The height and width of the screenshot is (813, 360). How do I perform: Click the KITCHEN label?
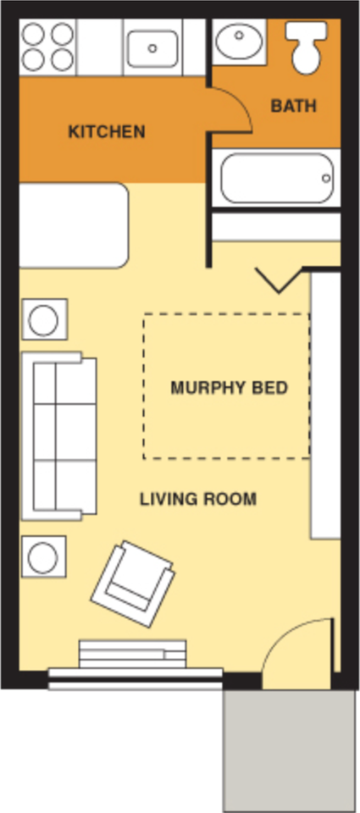[106, 132]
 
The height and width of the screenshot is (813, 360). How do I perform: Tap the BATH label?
[293, 107]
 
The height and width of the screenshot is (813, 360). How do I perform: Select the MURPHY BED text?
[229, 389]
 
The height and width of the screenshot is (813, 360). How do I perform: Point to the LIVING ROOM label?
[197, 499]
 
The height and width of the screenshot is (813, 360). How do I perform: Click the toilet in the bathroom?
[303, 47]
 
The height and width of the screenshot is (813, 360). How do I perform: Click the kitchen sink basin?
[152, 47]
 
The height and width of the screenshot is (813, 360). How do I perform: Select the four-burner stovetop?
[47, 46]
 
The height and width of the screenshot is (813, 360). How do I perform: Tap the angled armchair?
[133, 583]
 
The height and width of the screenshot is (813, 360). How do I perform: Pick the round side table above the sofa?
[43, 320]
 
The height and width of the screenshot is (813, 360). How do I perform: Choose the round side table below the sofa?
[43, 557]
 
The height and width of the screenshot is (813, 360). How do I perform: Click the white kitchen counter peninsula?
[73, 225]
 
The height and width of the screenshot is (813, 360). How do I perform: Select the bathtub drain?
[326, 179]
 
